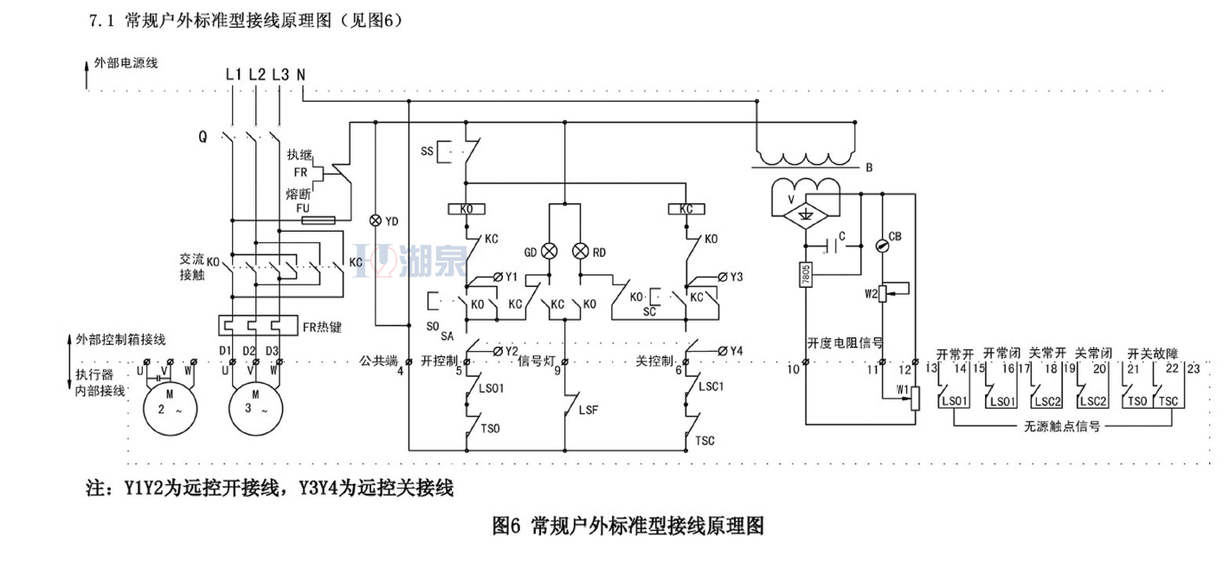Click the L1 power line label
(x=233, y=74)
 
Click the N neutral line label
(x=300, y=74)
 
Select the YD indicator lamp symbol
(x=376, y=220)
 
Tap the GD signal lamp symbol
(x=549, y=252)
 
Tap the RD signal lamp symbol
(x=581, y=252)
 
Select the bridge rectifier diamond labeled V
(x=806, y=213)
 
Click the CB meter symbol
(x=883, y=246)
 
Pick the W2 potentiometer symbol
(x=884, y=293)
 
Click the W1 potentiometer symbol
(x=916, y=399)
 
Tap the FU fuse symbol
(x=318, y=220)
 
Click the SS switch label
(x=427, y=151)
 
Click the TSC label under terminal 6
(x=705, y=440)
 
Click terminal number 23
(x=1194, y=369)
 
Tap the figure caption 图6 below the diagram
(x=628, y=525)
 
